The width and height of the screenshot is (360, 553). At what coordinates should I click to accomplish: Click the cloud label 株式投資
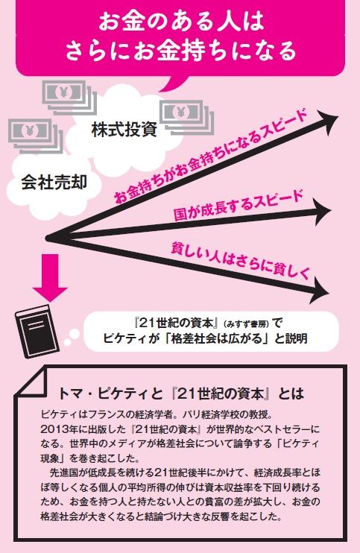(124, 129)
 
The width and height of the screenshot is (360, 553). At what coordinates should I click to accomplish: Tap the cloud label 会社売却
(54, 183)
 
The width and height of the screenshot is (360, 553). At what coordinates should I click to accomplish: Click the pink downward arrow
(51, 277)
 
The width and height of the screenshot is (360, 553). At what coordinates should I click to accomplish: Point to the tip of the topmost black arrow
(338, 116)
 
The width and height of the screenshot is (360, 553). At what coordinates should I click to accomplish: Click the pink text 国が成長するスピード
(239, 206)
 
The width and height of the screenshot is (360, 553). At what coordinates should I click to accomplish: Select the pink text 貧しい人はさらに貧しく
(240, 262)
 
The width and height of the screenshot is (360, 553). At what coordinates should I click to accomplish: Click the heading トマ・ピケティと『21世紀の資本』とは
(180, 394)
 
